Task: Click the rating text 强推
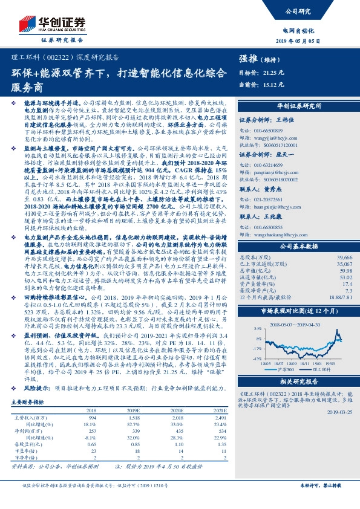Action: [x=248, y=58]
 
